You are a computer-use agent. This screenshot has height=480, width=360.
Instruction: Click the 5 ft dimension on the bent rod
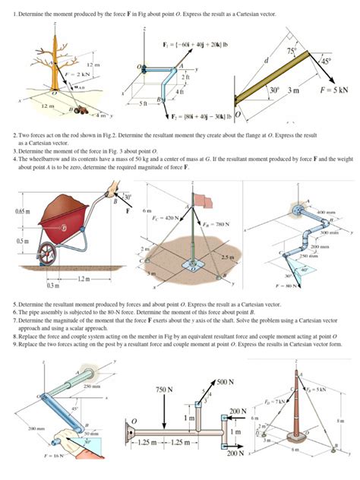[153, 101]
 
